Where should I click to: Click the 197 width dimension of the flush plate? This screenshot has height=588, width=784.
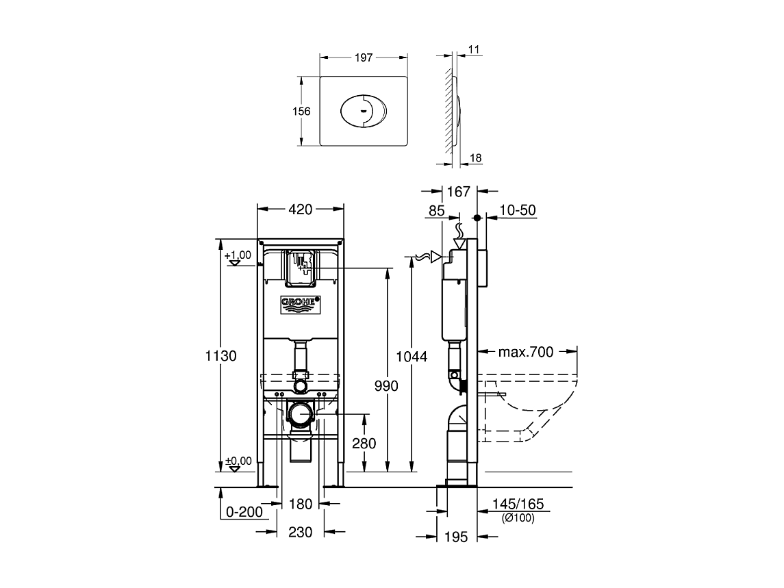pos(364,57)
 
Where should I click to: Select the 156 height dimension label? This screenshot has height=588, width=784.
pos(301,111)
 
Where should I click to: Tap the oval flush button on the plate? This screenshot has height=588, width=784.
pos(364,111)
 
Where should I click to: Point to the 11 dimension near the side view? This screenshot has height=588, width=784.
pos(474,49)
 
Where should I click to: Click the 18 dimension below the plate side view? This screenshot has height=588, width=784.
pos(475,158)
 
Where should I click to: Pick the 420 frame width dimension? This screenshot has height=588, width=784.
pos(301,209)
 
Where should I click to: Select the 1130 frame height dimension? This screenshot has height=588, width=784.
pos(220,355)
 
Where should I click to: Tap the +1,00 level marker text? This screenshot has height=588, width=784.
pos(238,255)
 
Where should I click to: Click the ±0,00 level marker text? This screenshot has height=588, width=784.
pos(238,461)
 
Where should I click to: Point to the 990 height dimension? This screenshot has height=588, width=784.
pos(386,385)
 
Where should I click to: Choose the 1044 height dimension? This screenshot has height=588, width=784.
pos(412,357)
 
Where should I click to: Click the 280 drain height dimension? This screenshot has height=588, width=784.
pos(364,443)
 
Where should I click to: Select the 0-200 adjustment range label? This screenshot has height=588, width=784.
pos(244,512)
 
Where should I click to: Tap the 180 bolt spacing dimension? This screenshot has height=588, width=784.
pos(301,504)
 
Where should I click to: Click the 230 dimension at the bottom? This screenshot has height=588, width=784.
pos(301,532)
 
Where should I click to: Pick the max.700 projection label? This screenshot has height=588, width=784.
pos(525,352)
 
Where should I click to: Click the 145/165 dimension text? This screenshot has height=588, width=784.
pos(518,504)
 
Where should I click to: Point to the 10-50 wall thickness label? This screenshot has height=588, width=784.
pos(518,210)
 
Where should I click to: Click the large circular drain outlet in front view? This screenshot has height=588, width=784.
pos(301,415)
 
